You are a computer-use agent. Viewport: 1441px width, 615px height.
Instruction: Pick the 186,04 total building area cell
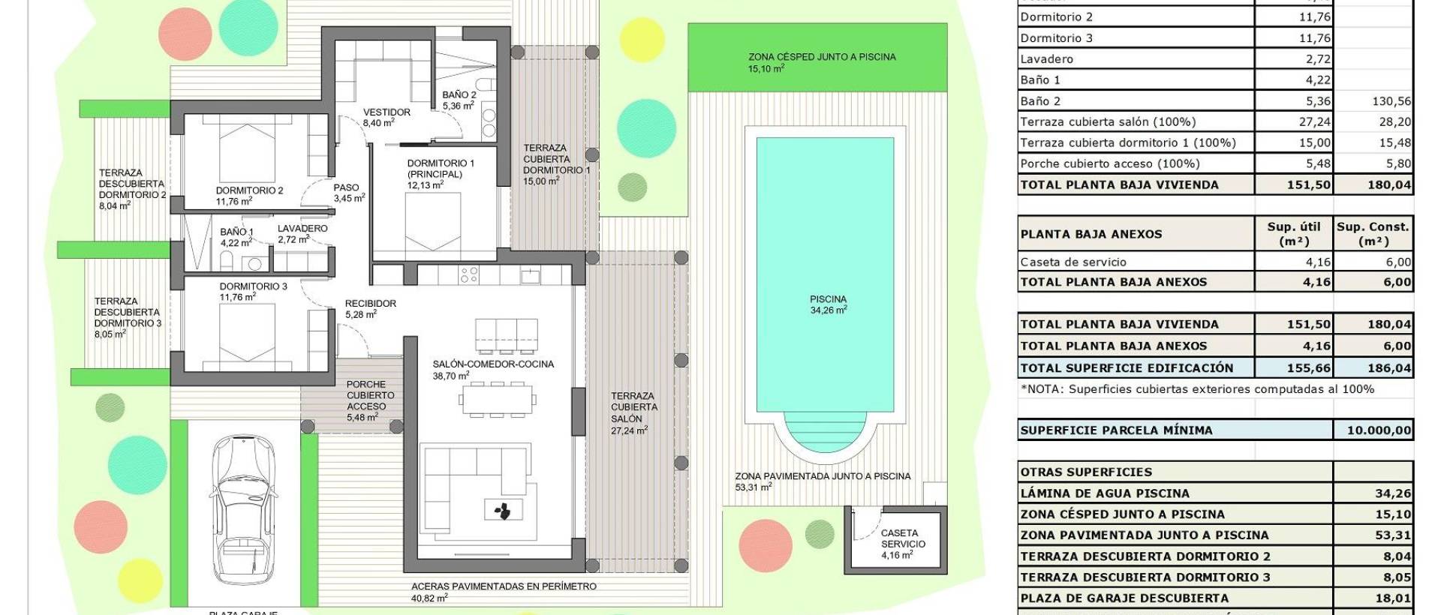tap(1373, 368)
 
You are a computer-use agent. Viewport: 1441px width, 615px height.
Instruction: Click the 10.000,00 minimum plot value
tap(1373, 430)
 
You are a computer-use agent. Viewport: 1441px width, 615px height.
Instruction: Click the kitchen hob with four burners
tap(469, 275)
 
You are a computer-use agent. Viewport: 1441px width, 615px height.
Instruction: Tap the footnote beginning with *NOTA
tap(1196, 389)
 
